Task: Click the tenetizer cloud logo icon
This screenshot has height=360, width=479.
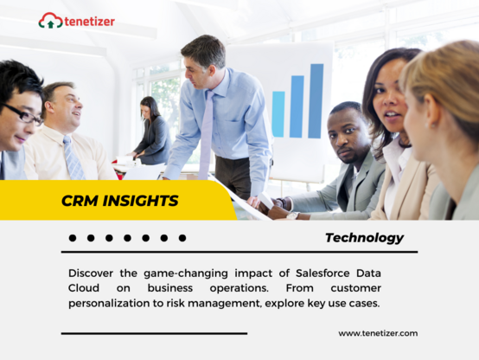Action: (x=50, y=21)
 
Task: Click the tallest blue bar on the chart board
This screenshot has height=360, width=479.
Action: (x=316, y=101)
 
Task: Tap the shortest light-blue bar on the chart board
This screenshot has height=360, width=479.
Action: (x=278, y=113)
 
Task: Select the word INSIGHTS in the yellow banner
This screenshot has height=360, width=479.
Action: (x=140, y=201)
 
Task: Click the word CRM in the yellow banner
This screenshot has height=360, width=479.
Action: (x=80, y=201)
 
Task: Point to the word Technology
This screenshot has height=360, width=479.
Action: (x=364, y=238)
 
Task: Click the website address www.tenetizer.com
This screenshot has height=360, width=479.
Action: (x=378, y=333)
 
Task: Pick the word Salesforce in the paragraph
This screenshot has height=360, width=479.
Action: (x=323, y=273)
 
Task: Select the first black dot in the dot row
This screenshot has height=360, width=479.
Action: (x=73, y=238)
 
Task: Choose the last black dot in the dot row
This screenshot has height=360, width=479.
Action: (x=182, y=238)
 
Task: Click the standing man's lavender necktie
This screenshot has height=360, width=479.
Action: (x=207, y=135)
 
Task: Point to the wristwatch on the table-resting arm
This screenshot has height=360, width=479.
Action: (x=292, y=215)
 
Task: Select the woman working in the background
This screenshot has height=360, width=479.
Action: (x=152, y=131)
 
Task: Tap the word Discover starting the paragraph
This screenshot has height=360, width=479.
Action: (x=91, y=273)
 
